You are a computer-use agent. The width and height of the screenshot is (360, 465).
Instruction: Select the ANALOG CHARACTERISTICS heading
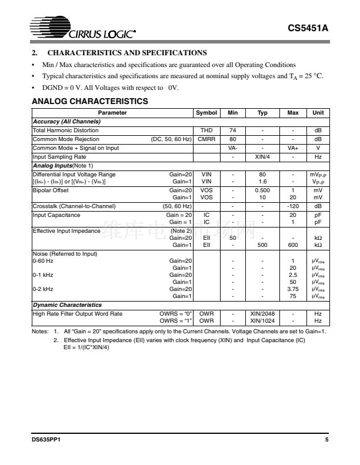(89, 102)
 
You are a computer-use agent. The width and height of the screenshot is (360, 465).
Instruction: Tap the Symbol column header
(206, 113)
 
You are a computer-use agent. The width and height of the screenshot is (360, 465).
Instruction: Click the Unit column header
(318, 113)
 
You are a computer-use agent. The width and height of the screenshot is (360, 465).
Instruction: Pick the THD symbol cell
(206, 131)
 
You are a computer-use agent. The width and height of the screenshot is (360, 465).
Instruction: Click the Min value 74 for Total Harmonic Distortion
(232, 131)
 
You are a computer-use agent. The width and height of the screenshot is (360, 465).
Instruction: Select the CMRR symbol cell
(206, 139)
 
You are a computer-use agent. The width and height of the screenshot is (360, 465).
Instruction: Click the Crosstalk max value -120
(292, 206)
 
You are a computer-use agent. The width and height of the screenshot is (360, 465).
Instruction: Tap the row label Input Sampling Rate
(59, 157)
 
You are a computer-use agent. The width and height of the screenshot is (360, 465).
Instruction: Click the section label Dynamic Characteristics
(67, 305)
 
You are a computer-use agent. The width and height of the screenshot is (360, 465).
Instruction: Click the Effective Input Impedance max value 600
(292, 245)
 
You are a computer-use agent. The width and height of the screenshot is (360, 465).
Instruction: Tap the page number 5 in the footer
(326, 440)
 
